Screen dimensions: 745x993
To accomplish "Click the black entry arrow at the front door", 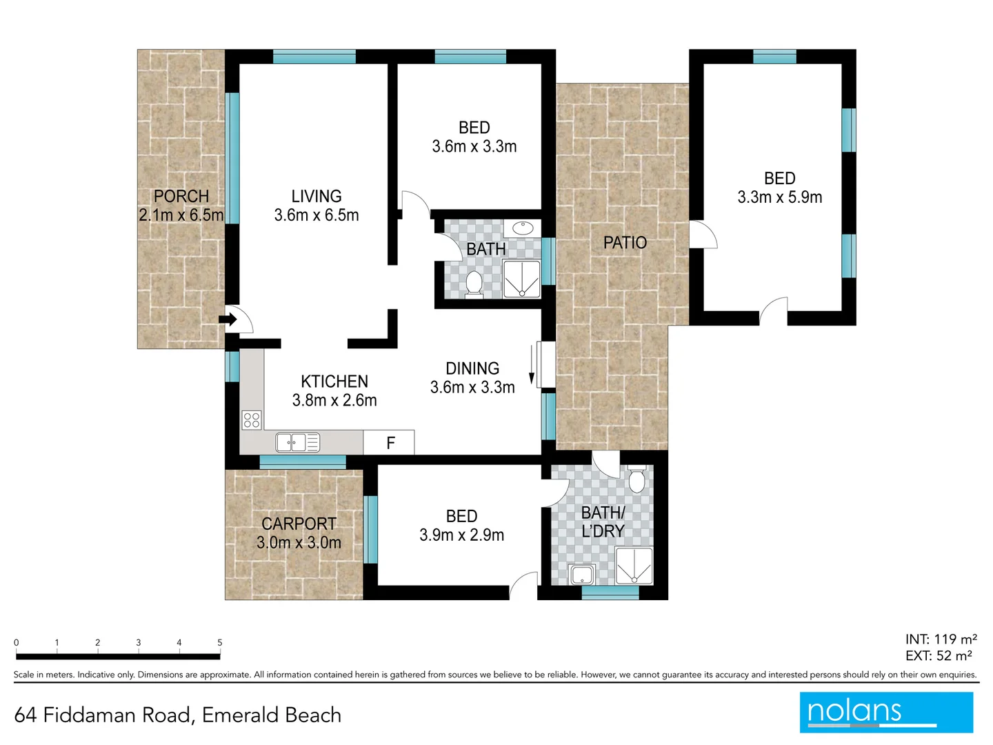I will pyautogui.click(x=228, y=319).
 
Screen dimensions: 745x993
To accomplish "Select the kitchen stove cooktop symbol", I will pyautogui.click(x=252, y=419).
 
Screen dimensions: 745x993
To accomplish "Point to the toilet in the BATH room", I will pyautogui.click(x=474, y=284).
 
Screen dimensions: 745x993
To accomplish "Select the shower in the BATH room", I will pyautogui.click(x=522, y=279).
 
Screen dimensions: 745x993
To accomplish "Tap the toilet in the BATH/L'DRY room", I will pyautogui.click(x=636, y=479).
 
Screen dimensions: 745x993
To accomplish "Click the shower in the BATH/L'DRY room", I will pyautogui.click(x=634, y=566).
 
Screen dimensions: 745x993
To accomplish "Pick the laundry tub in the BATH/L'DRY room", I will pyautogui.click(x=583, y=575).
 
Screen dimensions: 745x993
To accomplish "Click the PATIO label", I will pyautogui.click(x=625, y=243).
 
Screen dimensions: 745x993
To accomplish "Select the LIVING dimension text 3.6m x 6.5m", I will pyautogui.click(x=317, y=215).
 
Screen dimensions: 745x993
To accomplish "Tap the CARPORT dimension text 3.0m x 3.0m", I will pyautogui.click(x=299, y=543).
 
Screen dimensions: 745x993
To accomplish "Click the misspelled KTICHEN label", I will pyautogui.click(x=334, y=381).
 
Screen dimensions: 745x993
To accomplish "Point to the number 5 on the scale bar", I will pyautogui.click(x=220, y=642).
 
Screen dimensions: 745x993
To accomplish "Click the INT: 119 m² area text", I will pyautogui.click(x=941, y=639).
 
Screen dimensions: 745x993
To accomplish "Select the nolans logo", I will pyautogui.click(x=886, y=712).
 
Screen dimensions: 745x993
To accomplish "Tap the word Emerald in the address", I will pyautogui.click(x=233, y=715).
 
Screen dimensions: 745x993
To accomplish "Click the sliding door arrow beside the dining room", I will pyautogui.click(x=532, y=364).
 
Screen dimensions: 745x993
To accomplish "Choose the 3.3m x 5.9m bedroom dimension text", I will pyautogui.click(x=780, y=197).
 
